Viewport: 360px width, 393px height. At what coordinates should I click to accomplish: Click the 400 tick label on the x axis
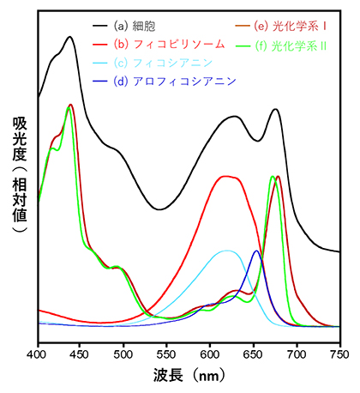pos(37,352)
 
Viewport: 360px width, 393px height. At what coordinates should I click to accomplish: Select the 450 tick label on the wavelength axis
pos(81,352)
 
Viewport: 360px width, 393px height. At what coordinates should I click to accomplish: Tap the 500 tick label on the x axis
pos(123,352)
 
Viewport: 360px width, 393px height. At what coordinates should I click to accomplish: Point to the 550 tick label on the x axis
pos(167,352)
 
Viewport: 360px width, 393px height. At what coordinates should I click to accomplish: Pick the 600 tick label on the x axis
pos(210,352)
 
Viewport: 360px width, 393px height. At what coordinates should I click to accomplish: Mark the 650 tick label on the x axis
pos(254,352)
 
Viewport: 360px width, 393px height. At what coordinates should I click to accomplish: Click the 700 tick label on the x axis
pos(297,352)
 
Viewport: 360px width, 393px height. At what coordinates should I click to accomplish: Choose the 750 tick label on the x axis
pos(339,352)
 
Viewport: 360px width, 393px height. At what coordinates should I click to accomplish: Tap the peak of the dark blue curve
pos(255,251)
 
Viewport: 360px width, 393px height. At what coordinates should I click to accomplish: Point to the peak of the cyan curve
pos(225,251)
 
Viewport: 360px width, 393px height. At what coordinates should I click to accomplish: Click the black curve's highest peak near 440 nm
pos(69,37)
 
